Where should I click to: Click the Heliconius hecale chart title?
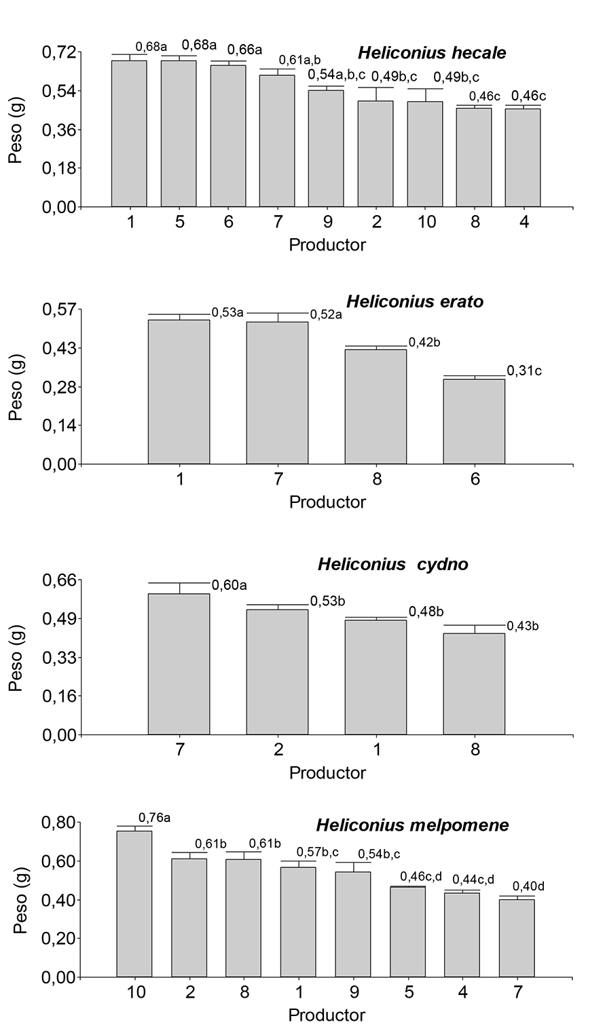click(x=432, y=53)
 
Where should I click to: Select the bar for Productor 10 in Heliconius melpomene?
click(x=134, y=903)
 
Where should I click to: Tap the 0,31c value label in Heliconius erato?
click(x=525, y=371)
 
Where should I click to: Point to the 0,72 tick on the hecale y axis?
click(x=60, y=52)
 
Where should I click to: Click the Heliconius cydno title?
click(x=392, y=564)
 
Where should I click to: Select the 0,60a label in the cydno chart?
click(x=230, y=585)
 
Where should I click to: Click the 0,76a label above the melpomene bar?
click(x=154, y=817)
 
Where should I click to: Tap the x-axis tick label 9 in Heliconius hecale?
click(x=327, y=223)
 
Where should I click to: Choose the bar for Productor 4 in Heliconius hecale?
click(x=523, y=157)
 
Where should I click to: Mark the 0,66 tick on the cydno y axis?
click(x=60, y=580)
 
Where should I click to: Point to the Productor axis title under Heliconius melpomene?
click(x=327, y=1015)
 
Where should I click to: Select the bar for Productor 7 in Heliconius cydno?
click(x=179, y=664)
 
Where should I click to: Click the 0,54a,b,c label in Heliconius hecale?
click(x=337, y=74)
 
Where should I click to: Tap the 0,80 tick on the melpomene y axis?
click(x=60, y=823)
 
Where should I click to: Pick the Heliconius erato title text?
click(x=415, y=301)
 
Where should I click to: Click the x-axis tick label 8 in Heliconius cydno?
click(x=474, y=750)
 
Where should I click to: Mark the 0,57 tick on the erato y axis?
click(x=60, y=309)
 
